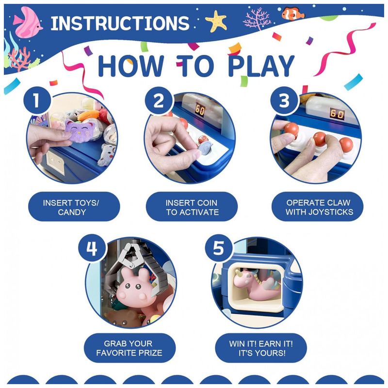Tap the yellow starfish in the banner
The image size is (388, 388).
pyautogui.click(x=216, y=21)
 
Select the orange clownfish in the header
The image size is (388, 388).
pyautogui.click(x=293, y=14)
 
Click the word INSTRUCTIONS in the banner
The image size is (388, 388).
pyautogui.click(x=120, y=23)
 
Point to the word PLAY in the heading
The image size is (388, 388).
pyautogui.click(x=261, y=66)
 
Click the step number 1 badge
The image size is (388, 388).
pyautogui.click(x=37, y=100)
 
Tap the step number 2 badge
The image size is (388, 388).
pyautogui.click(x=159, y=100)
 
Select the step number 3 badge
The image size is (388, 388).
pyautogui.click(x=284, y=100)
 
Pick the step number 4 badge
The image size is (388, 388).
pyautogui.click(x=92, y=248)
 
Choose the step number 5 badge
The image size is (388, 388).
pyautogui.click(x=219, y=248)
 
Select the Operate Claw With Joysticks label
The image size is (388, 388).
pyautogui.click(x=318, y=207)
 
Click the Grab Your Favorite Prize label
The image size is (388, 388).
pyautogui.click(x=129, y=348)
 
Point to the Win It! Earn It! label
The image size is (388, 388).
pyautogui.click(x=261, y=348)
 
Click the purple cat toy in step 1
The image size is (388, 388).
pyautogui.click(x=80, y=130)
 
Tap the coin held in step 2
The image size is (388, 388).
pyautogui.click(x=205, y=148)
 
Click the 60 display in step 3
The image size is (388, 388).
pyautogui.click(x=337, y=114)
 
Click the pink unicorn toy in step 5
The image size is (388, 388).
pyautogui.click(x=256, y=284)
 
